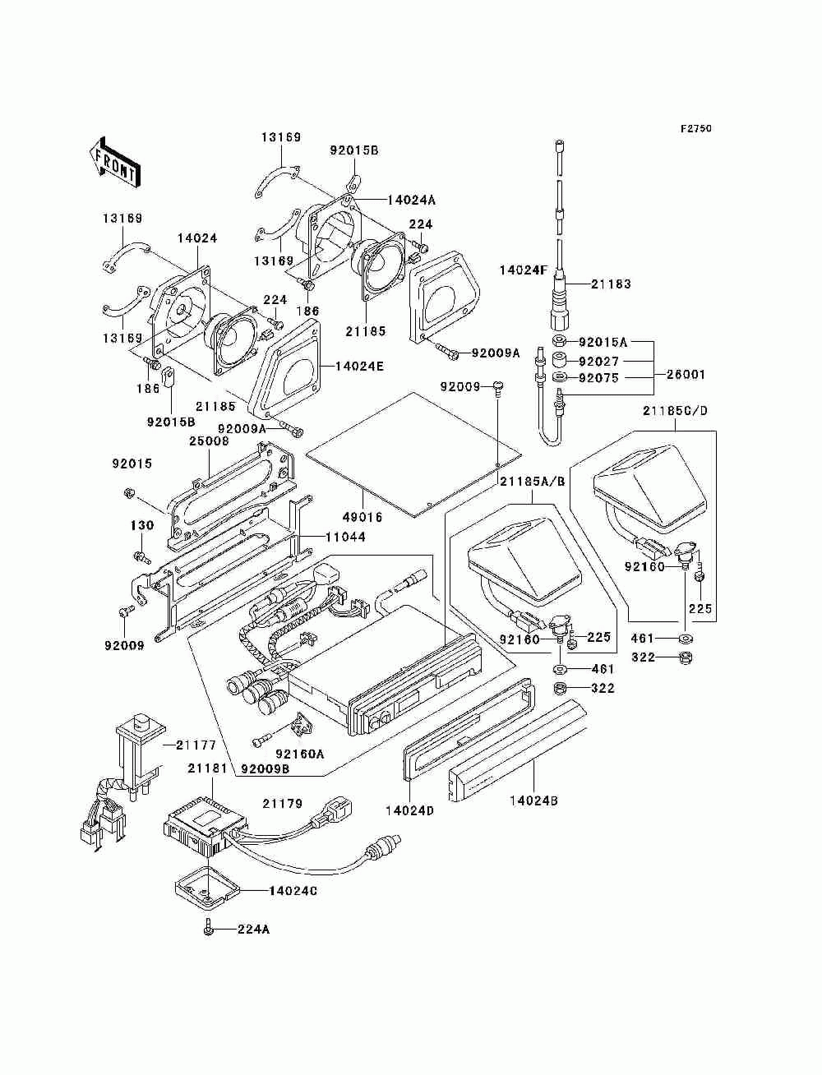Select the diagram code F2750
click(x=695, y=129)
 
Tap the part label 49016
click(x=363, y=517)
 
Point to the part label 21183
click(x=611, y=284)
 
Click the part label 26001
click(x=686, y=375)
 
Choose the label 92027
click(x=598, y=362)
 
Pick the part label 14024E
click(x=359, y=366)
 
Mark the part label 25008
click(x=209, y=441)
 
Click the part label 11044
click(x=346, y=537)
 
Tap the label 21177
click(x=196, y=745)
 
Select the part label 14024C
click(x=293, y=891)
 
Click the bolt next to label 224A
click(x=209, y=929)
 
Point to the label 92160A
click(x=300, y=754)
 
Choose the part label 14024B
click(x=533, y=800)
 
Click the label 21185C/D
click(x=675, y=411)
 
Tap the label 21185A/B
click(x=533, y=482)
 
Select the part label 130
click(x=142, y=525)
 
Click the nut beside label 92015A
click(x=560, y=341)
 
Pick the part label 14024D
click(x=409, y=810)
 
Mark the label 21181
click(x=208, y=768)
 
